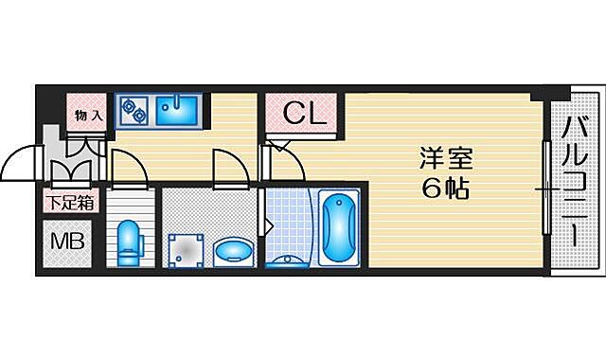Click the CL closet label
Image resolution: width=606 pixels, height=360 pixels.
[304, 116]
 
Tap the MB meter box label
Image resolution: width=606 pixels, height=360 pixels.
[66, 241]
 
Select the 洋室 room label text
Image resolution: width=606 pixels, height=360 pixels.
[447, 157]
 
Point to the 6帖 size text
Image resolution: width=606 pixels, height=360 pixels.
[447, 189]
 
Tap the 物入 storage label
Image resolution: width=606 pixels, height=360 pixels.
[89, 115]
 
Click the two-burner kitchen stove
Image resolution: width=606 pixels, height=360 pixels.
[134, 111]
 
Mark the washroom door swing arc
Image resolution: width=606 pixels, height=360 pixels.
[230, 168]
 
